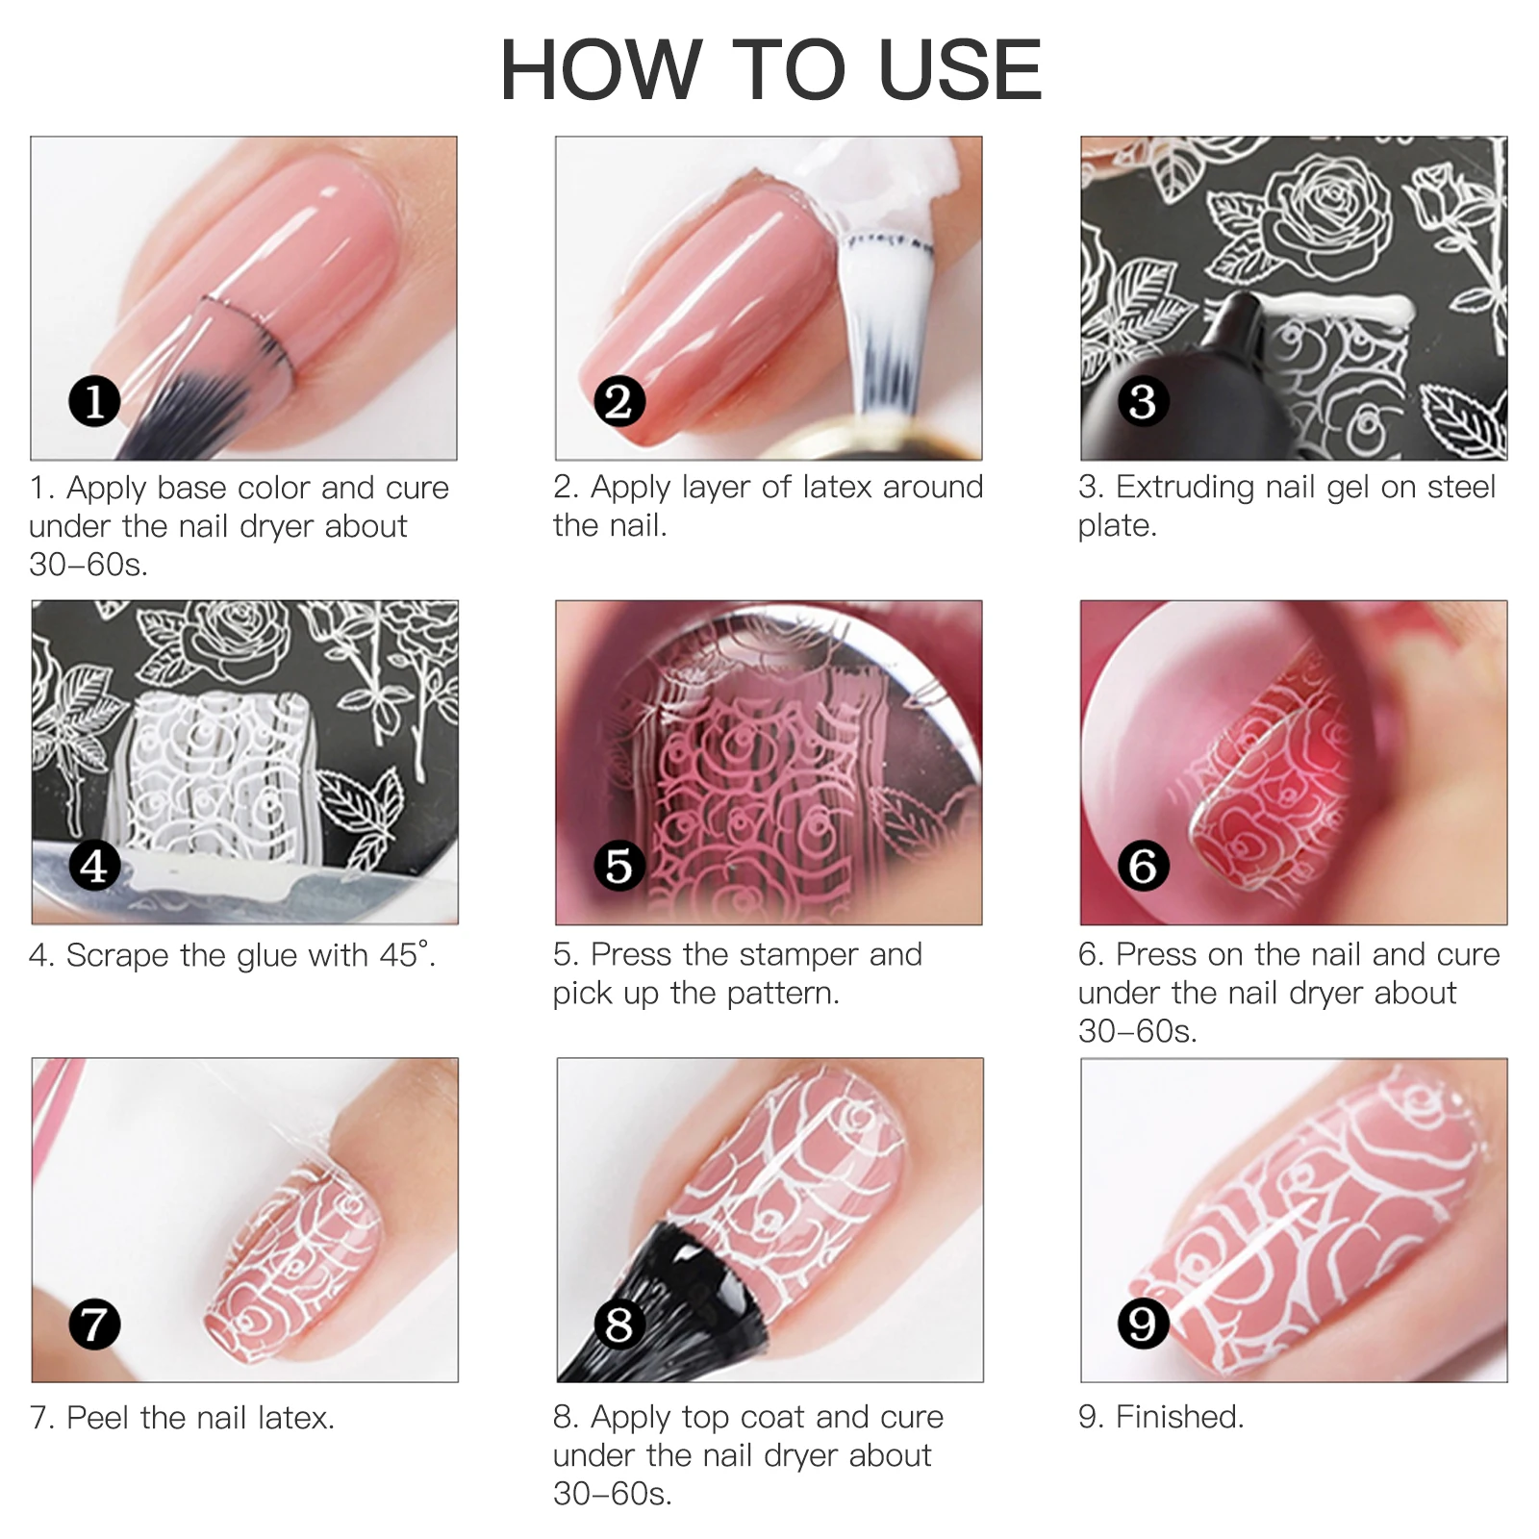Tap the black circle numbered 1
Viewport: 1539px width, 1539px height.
point(94,401)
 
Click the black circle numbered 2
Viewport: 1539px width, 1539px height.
point(618,401)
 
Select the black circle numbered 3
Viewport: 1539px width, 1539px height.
point(1143,401)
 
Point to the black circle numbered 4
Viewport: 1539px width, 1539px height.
point(94,866)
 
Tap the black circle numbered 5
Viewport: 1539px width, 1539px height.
point(618,866)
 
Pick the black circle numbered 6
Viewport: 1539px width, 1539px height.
point(1143,866)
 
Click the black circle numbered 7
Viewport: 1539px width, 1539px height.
point(94,1324)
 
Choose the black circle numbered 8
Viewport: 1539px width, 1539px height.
point(618,1324)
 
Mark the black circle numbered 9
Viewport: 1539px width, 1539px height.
point(1143,1324)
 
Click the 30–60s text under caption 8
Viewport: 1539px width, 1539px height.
point(612,1494)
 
